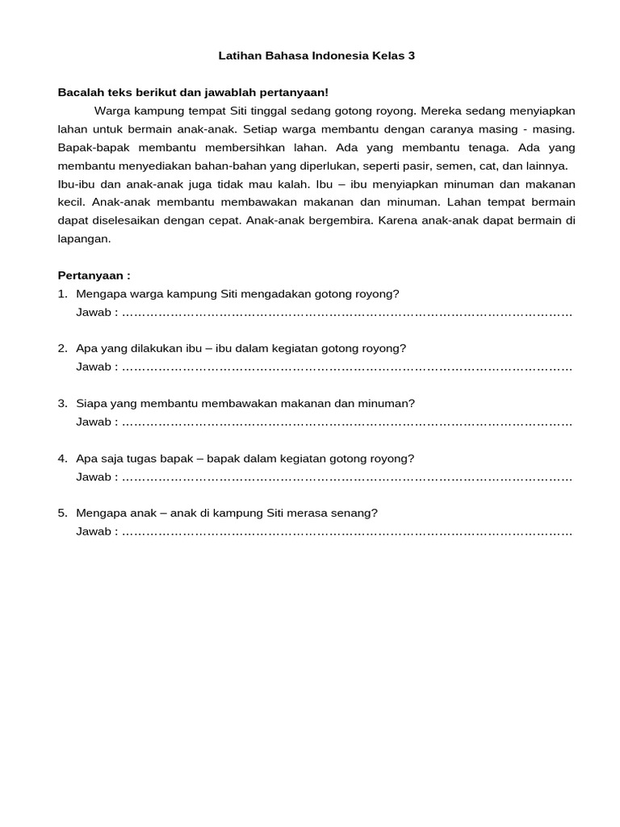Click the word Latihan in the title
(x=240, y=57)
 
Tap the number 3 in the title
(x=411, y=57)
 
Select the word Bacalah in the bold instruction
(x=80, y=93)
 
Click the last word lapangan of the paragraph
(x=83, y=238)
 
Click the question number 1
(x=62, y=294)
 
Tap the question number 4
(x=62, y=459)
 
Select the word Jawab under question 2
(x=94, y=367)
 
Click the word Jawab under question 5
(x=94, y=531)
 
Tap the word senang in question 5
(x=358, y=514)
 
